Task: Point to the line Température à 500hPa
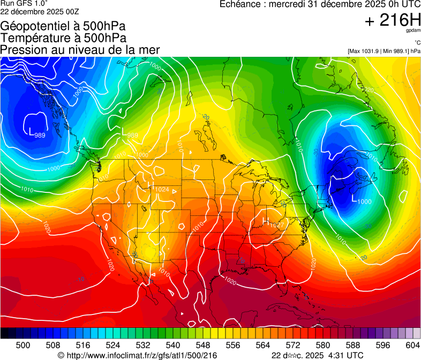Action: coord(64,37)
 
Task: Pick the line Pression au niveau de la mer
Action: coord(80,49)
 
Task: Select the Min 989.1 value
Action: coord(396,51)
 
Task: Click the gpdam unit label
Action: coord(412,32)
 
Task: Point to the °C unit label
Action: coord(417,43)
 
